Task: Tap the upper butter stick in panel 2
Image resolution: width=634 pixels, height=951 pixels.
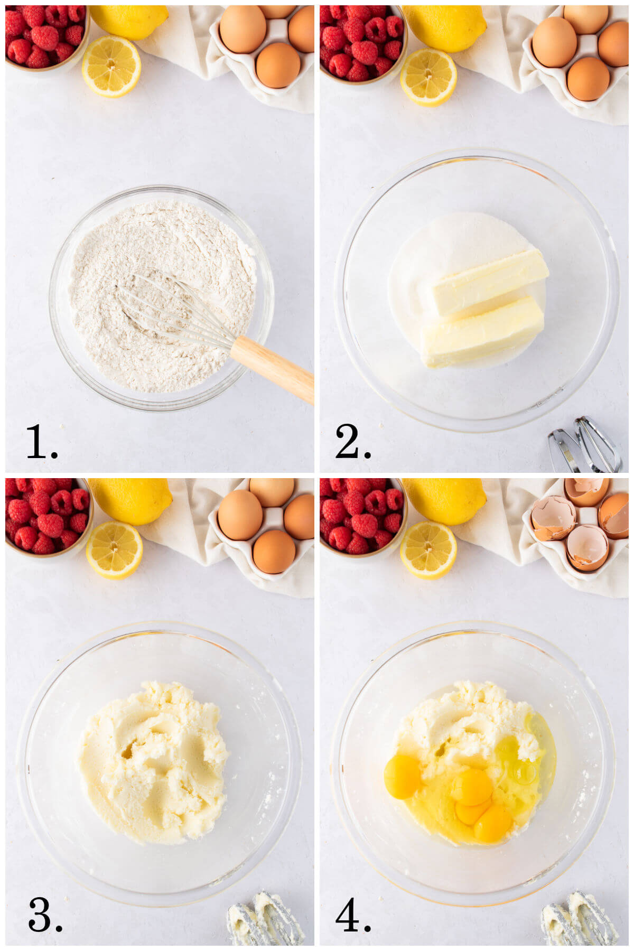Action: tap(489, 283)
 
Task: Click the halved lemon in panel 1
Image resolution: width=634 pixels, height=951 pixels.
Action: tap(111, 66)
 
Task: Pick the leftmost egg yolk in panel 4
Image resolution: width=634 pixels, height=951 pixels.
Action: tap(402, 777)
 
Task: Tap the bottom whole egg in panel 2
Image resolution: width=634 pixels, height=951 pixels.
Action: tap(588, 79)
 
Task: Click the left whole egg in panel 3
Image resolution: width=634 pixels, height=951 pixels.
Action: tap(240, 515)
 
